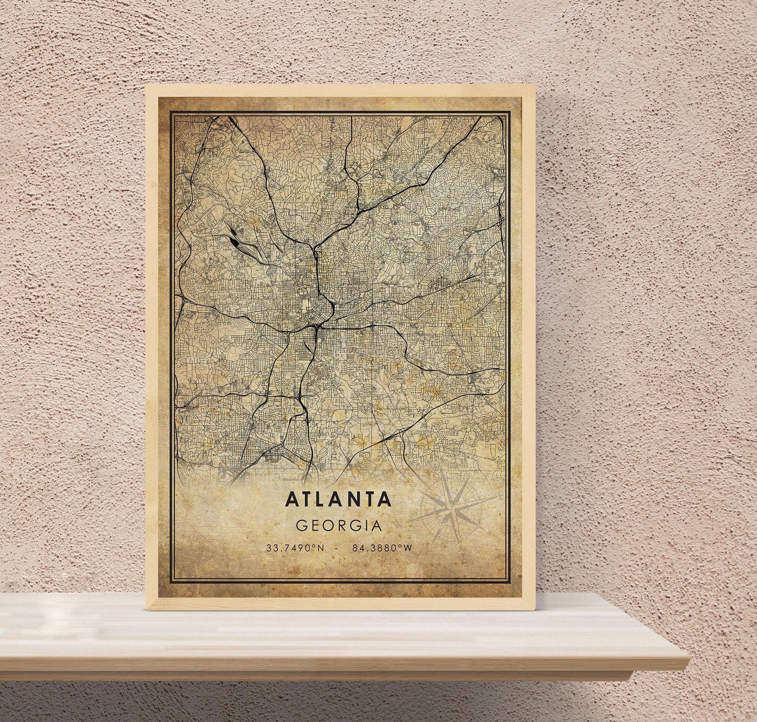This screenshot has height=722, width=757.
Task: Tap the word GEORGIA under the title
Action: [x=339, y=526]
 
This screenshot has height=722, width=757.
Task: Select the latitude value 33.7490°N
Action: [x=295, y=548]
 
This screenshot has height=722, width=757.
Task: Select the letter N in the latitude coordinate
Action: [x=321, y=548]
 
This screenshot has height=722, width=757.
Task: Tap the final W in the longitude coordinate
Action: [x=408, y=548]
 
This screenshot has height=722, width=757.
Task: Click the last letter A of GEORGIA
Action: [x=376, y=526]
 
